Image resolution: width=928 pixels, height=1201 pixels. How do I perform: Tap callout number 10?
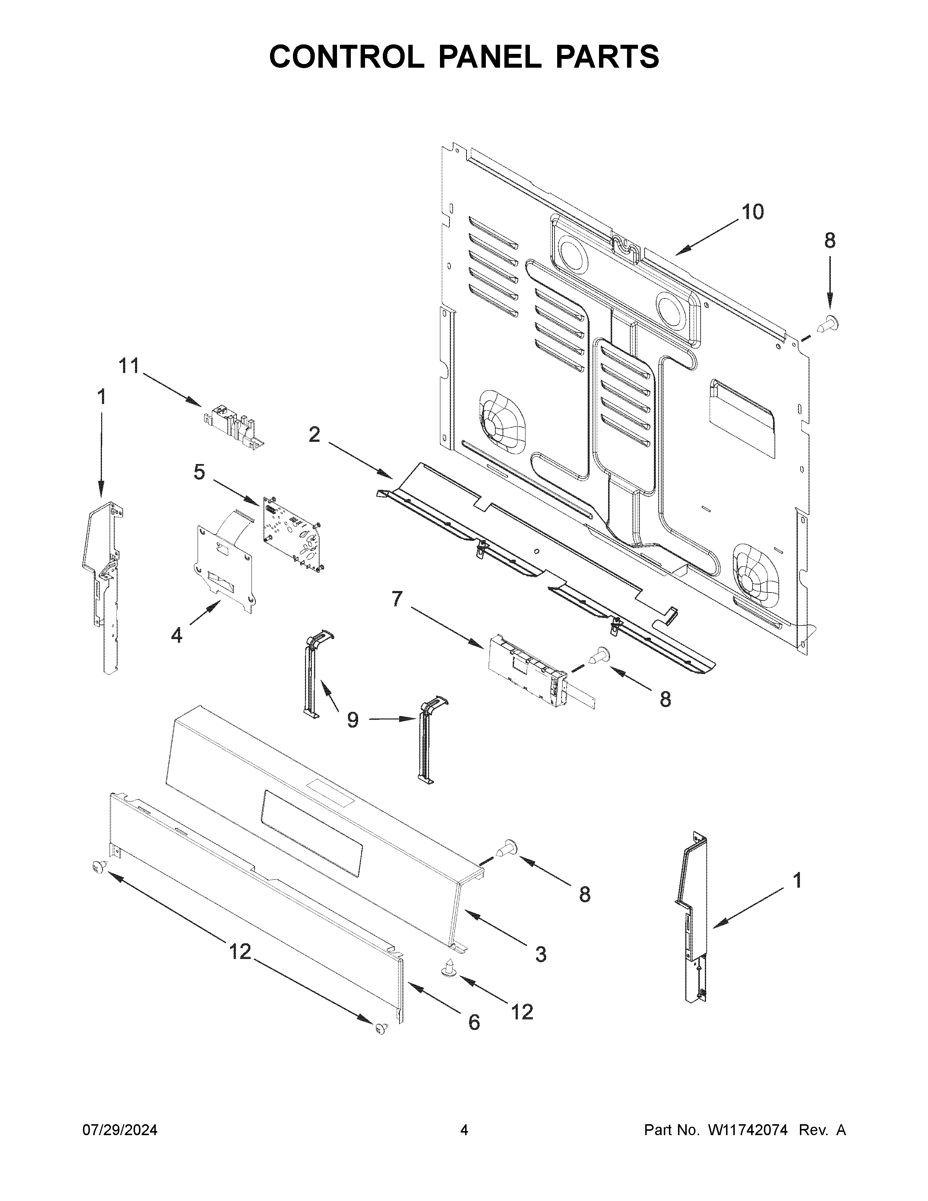click(753, 212)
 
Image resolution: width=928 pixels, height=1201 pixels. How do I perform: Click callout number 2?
click(314, 435)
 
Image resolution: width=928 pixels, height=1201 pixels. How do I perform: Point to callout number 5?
click(199, 472)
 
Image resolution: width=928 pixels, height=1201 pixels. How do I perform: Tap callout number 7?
click(397, 599)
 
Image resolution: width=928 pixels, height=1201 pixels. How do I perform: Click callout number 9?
click(352, 719)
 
